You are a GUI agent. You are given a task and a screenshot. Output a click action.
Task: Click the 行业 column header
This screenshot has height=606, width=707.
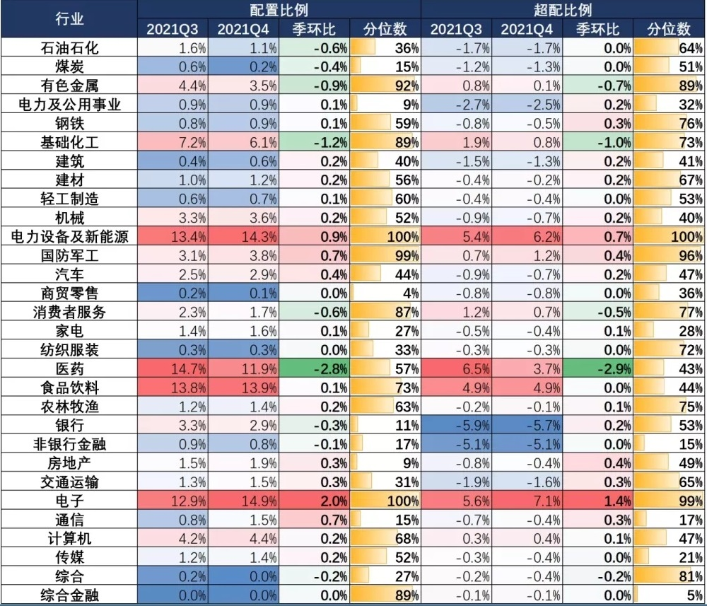[x=69, y=19]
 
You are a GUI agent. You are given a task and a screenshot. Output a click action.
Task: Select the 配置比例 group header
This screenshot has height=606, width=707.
[x=279, y=9]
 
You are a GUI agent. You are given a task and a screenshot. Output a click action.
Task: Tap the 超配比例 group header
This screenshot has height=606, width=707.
[x=563, y=9]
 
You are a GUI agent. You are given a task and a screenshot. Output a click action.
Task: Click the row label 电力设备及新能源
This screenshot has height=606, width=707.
[x=69, y=236]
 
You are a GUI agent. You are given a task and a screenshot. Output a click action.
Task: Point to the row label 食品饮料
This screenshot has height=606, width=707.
[x=69, y=388]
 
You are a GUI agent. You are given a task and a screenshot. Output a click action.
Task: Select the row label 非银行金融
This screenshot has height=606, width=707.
[x=69, y=444]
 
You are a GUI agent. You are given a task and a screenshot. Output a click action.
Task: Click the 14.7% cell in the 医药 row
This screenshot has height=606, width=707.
[x=173, y=368]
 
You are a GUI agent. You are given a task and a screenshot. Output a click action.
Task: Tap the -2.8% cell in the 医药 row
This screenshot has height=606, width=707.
[x=315, y=368]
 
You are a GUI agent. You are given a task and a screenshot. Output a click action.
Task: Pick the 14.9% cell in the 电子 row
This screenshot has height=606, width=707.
[x=244, y=501]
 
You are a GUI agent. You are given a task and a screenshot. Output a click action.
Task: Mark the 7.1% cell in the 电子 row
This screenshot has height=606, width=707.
[x=527, y=501]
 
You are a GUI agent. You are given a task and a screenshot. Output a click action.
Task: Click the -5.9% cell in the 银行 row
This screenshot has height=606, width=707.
[x=456, y=426]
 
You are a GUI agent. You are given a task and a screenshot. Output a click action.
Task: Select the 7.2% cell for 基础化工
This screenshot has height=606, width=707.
[x=173, y=141]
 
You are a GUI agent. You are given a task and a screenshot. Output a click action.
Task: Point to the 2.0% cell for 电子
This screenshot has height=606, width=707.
[x=315, y=501]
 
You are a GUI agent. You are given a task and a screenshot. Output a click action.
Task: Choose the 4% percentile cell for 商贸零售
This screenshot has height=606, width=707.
[x=385, y=293]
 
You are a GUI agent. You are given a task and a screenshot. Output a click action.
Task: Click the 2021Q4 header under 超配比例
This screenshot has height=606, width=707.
[x=527, y=29]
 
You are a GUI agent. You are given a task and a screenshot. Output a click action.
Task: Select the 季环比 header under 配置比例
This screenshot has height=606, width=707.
[x=315, y=29]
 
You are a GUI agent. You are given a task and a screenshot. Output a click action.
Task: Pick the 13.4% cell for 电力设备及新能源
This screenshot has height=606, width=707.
[x=173, y=236]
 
